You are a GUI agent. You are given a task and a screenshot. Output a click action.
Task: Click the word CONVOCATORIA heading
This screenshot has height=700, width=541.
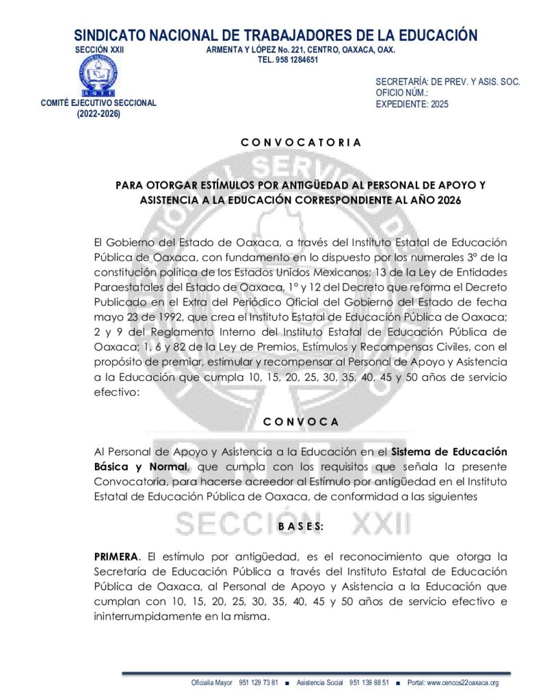(301, 143)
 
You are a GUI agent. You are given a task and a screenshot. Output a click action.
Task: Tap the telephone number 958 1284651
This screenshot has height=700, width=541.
(288, 60)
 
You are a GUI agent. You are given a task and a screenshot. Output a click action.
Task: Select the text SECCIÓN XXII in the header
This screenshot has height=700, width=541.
(98, 50)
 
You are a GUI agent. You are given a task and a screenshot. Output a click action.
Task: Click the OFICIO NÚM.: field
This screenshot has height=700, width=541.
(402, 93)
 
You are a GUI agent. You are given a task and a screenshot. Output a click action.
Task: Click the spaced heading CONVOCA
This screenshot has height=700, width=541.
(301, 422)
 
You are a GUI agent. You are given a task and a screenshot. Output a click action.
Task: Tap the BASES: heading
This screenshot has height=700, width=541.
(301, 527)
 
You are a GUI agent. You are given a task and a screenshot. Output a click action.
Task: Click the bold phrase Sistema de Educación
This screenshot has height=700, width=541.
(449, 452)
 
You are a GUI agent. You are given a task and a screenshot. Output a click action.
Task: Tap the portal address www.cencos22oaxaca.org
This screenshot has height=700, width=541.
(462, 683)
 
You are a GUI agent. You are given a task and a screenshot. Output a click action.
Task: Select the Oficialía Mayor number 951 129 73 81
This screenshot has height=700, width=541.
(258, 683)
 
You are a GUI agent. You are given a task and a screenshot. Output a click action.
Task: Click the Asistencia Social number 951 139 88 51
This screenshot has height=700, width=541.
(369, 683)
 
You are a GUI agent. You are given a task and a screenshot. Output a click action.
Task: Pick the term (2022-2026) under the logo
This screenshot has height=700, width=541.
(98, 114)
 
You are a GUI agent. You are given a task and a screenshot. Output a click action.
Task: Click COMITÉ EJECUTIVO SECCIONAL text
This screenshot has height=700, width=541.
(98, 103)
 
